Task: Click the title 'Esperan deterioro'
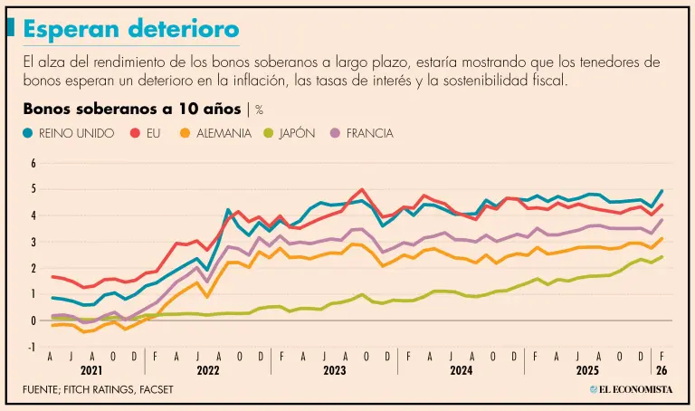131,28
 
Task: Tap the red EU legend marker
133,133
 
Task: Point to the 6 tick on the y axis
33,164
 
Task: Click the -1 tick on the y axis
32,347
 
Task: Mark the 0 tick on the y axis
33,320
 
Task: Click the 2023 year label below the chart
335,370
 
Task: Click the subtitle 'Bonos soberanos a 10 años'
133,110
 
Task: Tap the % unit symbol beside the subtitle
259,110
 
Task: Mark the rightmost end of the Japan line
662,257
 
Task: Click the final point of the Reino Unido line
662,191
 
